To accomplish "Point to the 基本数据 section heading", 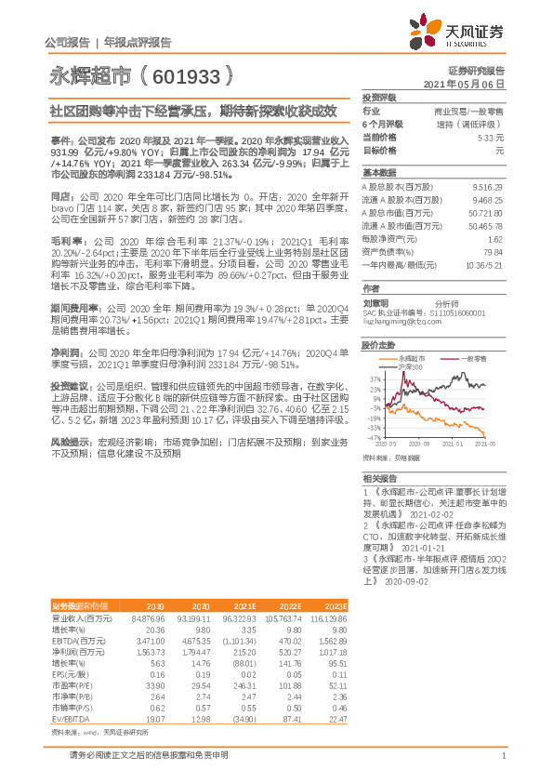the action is click(x=379, y=173).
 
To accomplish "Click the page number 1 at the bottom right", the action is click(x=503, y=758).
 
